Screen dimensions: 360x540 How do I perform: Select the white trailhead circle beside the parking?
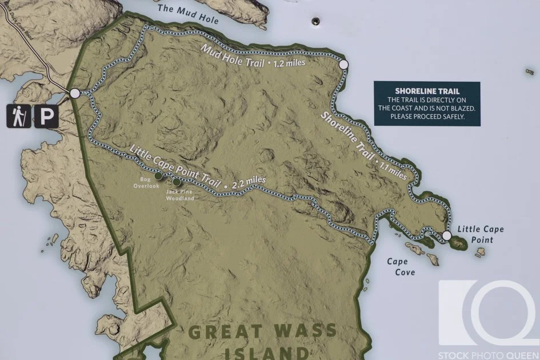(75, 93)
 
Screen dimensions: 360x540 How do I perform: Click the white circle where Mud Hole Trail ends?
(343, 65)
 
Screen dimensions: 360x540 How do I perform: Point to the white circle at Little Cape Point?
(447, 235)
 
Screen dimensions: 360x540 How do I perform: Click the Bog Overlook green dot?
(158, 175)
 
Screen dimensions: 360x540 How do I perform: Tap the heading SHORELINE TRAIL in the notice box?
(427, 91)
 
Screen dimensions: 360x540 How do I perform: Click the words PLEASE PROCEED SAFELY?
(427, 116)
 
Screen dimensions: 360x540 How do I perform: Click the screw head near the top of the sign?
(314, 21)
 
